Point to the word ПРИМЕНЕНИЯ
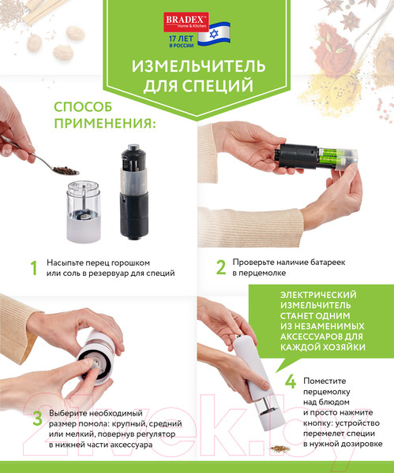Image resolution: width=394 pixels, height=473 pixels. pyautogui.click(x=105, y=124)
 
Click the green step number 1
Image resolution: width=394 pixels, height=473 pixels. pyautogui.click(x=33, y=267)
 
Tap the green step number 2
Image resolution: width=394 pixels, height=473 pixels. pyautogui.click(x=221, y=267)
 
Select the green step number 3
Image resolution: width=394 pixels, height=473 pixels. pyautogui.click(x=34, y=419)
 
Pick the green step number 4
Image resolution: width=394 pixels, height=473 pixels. pyautogui.click(x=290, y=382)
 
